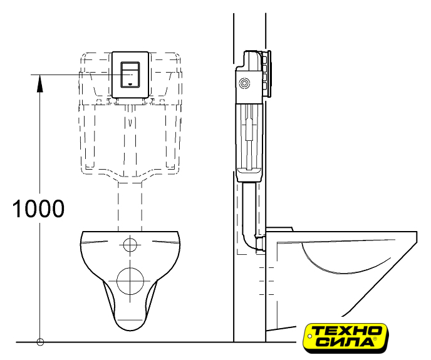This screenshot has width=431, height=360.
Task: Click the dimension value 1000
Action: (38, 208)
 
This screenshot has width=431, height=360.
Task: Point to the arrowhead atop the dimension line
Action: (40, 83)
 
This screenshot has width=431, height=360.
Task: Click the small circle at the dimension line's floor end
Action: (40, 342)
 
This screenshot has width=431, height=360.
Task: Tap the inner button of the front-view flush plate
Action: (130, 74)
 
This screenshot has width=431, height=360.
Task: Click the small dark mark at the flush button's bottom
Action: (130, 82)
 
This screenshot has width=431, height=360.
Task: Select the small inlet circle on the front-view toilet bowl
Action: (130, 245)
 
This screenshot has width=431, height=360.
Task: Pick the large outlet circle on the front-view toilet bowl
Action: (130, 281)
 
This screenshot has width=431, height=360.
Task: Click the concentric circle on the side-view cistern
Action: (244, 83)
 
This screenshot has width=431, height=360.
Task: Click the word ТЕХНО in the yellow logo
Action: (348, 331)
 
